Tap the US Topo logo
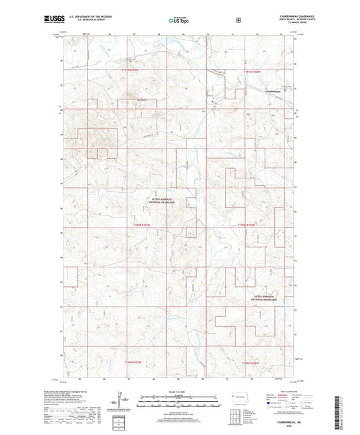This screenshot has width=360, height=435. coord(178,21)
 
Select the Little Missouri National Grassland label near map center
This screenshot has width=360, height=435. coord(161,199)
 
